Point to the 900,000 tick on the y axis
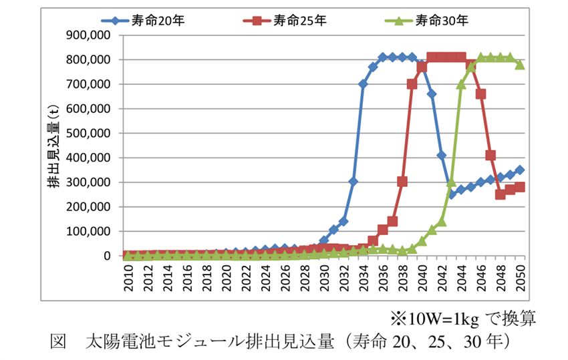89,35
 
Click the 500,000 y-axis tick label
89,133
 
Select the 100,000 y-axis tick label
89,231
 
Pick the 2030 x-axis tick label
324,277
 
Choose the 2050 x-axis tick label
520,277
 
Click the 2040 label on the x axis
422,277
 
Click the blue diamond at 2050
520,170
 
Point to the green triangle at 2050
520,64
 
